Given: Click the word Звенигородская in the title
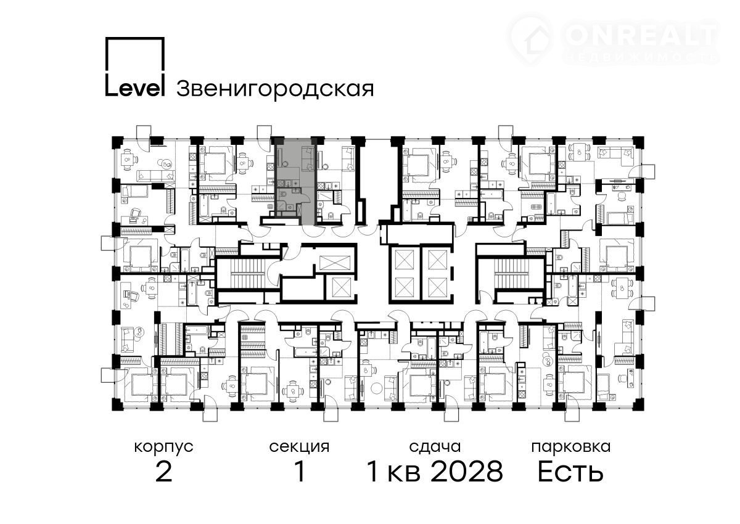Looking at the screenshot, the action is tap(275, 89).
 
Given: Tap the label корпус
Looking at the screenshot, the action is tap(164, 448).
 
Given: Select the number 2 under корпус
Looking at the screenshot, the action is tap(164, 472).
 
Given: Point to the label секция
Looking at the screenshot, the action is tap(299, 448).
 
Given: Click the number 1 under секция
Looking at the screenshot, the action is tap(300, 472).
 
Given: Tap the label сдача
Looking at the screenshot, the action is tap(435, 448).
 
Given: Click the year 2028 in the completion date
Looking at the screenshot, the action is tap(467, 472).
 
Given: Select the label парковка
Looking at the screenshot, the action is tap(571, 448).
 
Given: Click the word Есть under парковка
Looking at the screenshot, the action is tap(570, 472).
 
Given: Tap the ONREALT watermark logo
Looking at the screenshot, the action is tap(614, 39).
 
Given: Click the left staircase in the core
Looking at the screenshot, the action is tap(249, 274).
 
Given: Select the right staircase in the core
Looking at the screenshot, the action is tap(511, 274).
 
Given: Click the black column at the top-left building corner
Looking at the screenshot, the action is tap(117, 141).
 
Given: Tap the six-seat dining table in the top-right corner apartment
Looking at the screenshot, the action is tap(580, 152).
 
